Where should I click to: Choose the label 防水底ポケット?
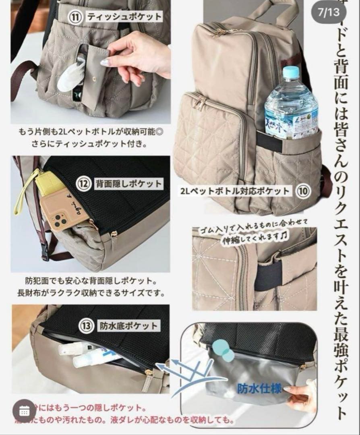pos(128,326)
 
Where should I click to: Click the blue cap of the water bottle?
pos(291,72)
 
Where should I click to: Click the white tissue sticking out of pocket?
pos(71,75)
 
